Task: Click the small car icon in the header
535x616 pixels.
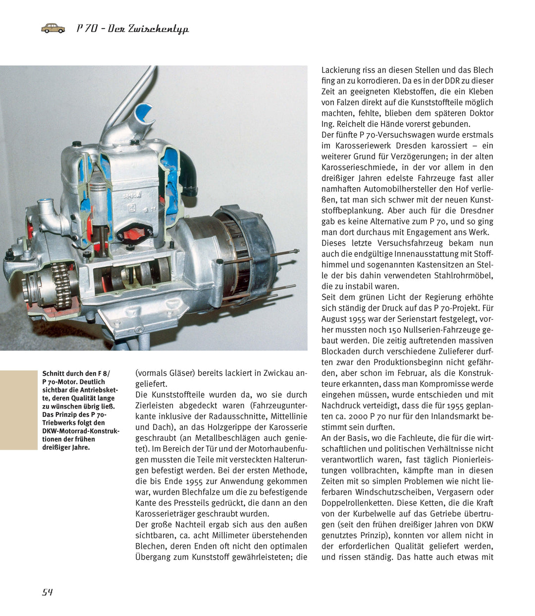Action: click(53, 28)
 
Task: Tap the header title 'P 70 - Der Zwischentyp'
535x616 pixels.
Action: click(133, 29)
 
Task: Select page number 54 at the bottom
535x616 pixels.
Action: click(48, 592)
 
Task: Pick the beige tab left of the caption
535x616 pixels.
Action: click(18, 410)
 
